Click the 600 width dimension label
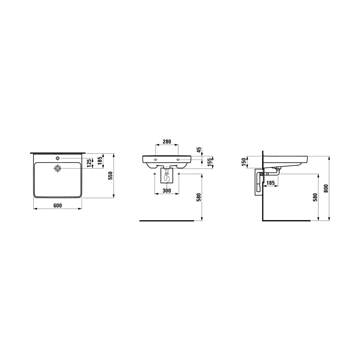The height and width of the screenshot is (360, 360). pos(58,205)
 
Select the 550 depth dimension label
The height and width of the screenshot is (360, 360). pos(111,175)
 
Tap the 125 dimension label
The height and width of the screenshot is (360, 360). pos(89,163)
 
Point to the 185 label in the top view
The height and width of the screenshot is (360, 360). pos(100,161)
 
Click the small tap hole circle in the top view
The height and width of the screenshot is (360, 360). pos(58,158)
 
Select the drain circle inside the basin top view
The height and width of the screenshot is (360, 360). pos(58,168)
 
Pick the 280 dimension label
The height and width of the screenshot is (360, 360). pos(166,142)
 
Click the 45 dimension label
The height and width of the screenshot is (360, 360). pos(199,150)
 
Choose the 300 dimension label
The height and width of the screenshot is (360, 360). pos(166,191)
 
